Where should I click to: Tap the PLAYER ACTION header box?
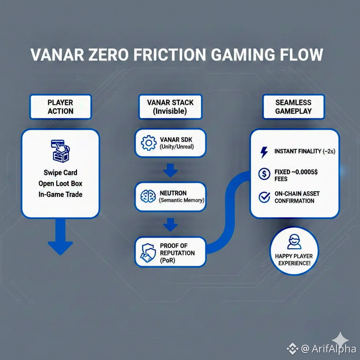point(60,107)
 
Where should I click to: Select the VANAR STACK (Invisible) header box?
point(170,107)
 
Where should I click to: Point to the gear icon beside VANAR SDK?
point(149,143)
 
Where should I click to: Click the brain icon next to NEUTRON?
point(148,196)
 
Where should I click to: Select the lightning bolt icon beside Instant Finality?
point(263,152)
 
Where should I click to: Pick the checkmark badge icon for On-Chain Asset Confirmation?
point(264,197)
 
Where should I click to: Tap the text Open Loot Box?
point(60,183)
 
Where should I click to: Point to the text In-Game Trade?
point(60,194)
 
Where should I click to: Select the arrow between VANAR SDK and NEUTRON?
point(170,170)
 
